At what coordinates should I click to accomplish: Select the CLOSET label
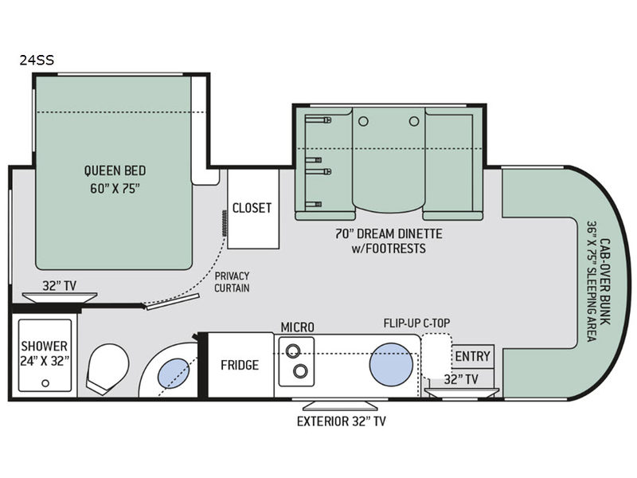[x=252, y=208]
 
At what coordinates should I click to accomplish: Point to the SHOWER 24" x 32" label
[x=45, y=353]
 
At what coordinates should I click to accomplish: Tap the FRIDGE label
[x=240, y=365]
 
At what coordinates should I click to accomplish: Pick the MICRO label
[x=297, y=327]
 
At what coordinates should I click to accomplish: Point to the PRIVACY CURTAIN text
[x=233, y=281]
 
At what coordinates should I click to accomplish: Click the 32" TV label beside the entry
[x=461, y=379]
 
